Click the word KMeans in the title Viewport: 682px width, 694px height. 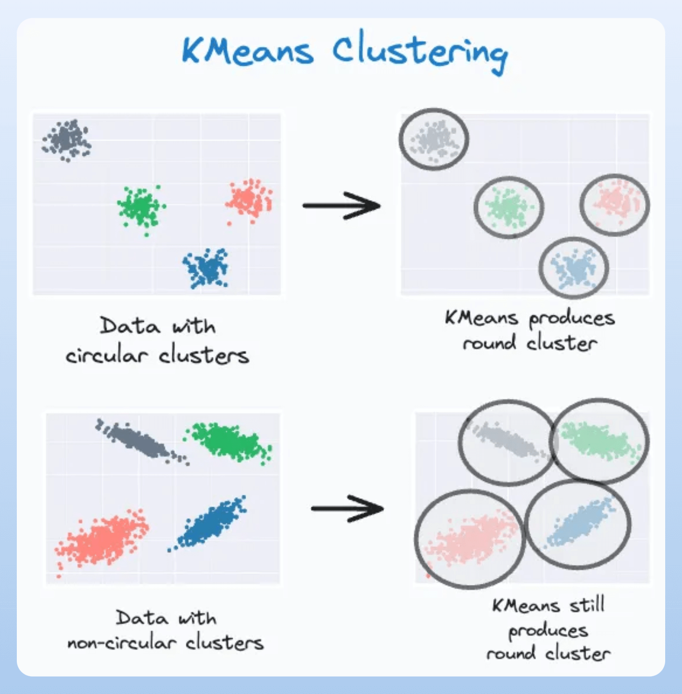pos(247,50)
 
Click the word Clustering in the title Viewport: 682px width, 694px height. pos(419,52)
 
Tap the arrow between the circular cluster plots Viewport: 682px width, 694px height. pos(341,205)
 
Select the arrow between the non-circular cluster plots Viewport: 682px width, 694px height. pos(347,508)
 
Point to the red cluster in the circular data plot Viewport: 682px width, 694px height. pos(250,199)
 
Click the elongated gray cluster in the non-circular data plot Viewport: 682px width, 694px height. pos(138,441)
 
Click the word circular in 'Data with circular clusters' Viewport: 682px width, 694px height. pos(106,355)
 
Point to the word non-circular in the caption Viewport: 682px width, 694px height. pos(122,643)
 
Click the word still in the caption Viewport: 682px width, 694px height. pos(587,605)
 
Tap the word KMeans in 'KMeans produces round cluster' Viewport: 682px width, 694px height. pos(481,318)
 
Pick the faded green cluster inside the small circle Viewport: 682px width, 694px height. pos(508,207)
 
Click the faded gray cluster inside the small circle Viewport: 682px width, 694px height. pos(434,139)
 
